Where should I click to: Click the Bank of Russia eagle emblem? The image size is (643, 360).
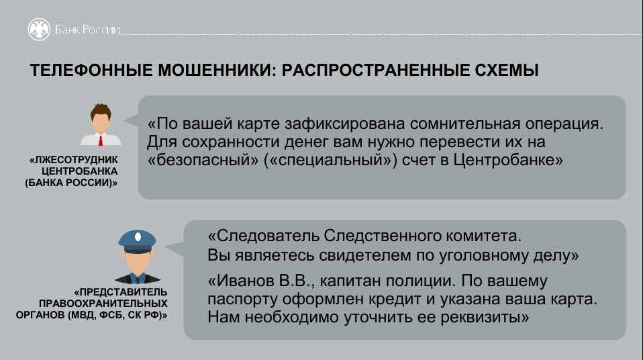click(39, 29)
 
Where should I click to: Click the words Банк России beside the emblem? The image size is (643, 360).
click(87, 30)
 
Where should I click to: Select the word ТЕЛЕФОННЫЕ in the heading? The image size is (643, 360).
click(91, 71)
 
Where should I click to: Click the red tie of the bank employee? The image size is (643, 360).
click(101, 141)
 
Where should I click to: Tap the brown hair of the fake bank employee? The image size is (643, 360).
click(101, 111)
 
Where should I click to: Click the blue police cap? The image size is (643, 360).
click(137, 241)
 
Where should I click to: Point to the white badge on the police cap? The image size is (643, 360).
click(138, 237)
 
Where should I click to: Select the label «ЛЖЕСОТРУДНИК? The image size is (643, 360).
click(73, 160)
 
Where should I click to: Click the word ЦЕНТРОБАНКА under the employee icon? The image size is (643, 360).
click(80, 171)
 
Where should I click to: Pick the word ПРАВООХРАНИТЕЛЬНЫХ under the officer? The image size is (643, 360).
click(103, 304)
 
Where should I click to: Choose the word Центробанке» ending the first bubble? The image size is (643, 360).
click(508, 160)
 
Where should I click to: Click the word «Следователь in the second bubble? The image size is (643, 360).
click(263, 236)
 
